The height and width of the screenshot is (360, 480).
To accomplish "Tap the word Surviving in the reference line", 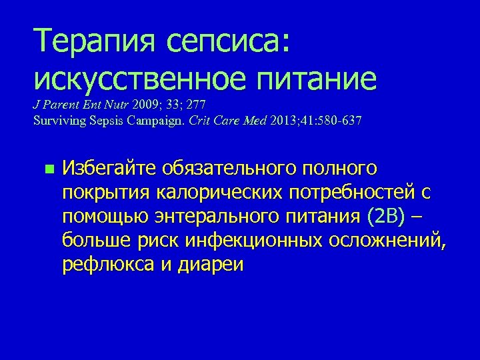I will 55,120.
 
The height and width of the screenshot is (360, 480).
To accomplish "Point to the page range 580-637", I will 339,120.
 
